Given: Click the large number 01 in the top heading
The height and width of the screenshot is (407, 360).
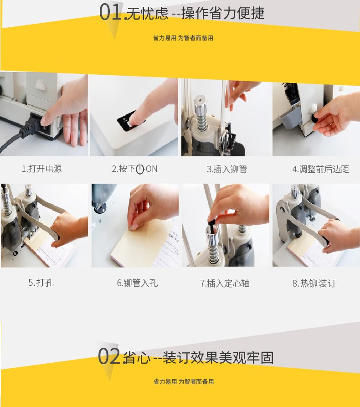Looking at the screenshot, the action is point(111,12).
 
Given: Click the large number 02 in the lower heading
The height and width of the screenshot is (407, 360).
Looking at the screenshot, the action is point(109,356).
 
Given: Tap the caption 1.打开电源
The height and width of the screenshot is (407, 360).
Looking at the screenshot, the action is point(41,169).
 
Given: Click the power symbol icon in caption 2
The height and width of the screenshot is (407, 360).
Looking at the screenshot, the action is point(140,169).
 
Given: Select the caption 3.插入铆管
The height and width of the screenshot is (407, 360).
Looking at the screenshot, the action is point(226,169).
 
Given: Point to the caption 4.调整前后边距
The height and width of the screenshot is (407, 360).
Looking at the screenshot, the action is point(320,169).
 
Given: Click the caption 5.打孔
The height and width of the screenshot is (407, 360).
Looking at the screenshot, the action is point(41,283).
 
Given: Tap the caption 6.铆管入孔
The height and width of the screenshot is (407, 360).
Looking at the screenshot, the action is point(137,283).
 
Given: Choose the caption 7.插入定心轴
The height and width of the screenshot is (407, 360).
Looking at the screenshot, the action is point(225,283).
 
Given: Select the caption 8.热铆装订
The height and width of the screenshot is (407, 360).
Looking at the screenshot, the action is point(314,283).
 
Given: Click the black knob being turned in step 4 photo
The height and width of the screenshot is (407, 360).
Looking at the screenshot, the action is point(315,118).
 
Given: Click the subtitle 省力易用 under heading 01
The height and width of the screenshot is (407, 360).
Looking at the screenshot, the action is point(165,38).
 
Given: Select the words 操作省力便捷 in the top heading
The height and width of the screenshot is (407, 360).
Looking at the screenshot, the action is point(223,13).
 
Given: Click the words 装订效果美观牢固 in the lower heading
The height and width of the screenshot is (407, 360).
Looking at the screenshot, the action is point(218,358).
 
